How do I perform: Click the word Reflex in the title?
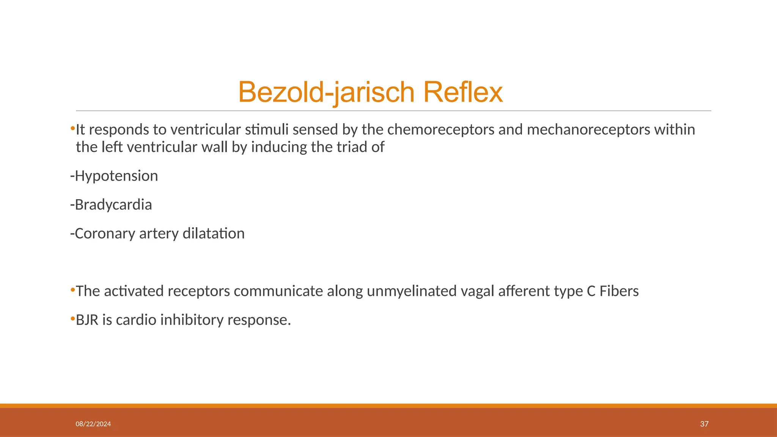[462, 92]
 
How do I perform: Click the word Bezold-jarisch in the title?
[326, 92]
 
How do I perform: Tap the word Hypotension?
[116, 176]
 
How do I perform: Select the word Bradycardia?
[113, 205]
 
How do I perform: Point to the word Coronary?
[105, 234]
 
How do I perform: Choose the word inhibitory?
[192, 320]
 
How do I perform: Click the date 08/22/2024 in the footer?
[93, 424]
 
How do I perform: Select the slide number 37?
[704, 424]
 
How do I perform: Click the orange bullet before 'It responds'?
[73, 129]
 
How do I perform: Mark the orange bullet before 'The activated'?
[73, 291]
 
